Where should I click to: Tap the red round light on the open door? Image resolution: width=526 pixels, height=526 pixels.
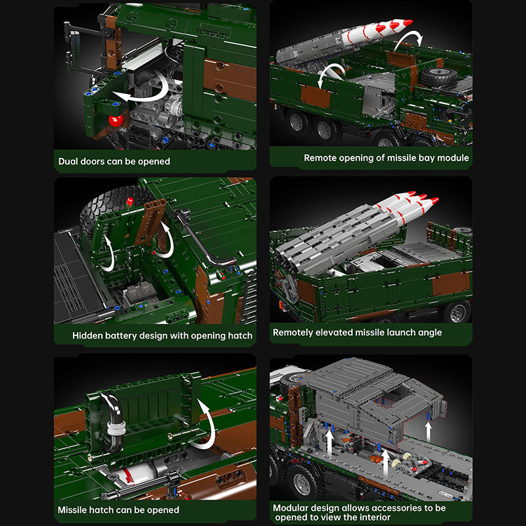click(x=116, y=120)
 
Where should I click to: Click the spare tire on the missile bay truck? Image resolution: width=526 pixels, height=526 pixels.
click(x=439, y=77)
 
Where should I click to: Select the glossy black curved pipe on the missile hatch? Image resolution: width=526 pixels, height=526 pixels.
click(x=112, y=421)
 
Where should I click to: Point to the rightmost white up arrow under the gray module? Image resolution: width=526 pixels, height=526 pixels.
click(x=429, y=432)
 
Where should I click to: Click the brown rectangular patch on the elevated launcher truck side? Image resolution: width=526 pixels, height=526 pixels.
click(x=451, y=284)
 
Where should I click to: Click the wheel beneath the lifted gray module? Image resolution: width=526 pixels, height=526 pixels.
click(x=302, y=483)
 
